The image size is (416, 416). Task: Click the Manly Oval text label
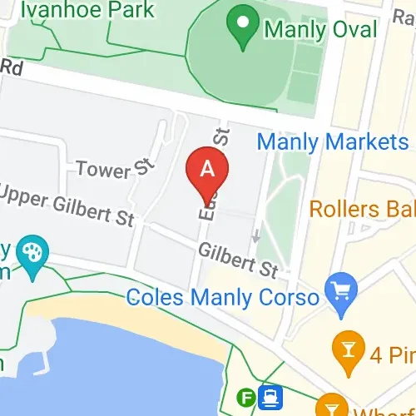[320, 29]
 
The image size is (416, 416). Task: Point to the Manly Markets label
[333, 141]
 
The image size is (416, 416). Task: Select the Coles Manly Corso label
[223, 297]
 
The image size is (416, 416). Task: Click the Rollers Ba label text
[362, 207]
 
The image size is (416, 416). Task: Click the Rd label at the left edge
[10, 67]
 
